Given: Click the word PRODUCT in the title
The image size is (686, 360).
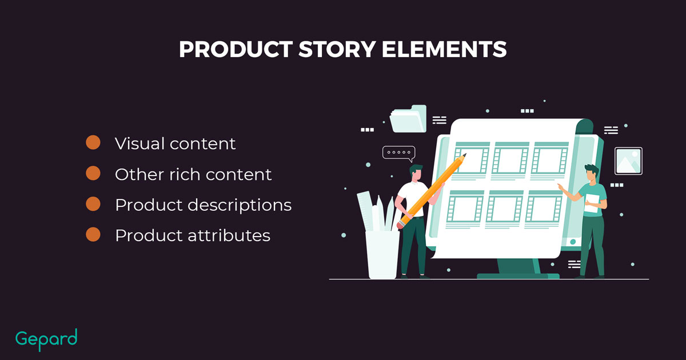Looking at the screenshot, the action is tap(236, 49).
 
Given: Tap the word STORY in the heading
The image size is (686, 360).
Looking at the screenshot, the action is tap(337, 49).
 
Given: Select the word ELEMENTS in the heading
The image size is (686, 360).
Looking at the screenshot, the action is tap(444, 49).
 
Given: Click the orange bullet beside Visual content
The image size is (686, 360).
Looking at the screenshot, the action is tap(93, 142).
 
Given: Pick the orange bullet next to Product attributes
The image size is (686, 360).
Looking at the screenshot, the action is tap(93, 234).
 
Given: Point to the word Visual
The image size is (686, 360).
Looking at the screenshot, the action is tap(139, 143).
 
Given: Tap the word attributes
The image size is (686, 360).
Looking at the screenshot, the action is tap(229, 235).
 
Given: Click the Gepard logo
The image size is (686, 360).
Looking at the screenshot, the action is tap(46, 339).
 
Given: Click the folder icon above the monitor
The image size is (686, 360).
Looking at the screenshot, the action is tap(408, 119).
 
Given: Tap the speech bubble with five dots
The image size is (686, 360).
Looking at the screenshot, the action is tap(399, 153).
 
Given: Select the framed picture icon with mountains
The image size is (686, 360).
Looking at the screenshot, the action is tap(628, 161).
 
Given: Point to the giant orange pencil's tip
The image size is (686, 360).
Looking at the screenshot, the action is tap(465, 154).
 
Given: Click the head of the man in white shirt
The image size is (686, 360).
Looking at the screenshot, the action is tap(416, 173).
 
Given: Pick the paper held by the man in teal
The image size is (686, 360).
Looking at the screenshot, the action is tap(592, 203).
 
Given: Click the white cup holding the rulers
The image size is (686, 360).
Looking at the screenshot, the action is tap(382, 255).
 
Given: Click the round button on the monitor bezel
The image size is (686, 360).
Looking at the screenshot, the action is tap(573, 242).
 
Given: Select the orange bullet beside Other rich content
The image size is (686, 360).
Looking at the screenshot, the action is tap(93, 173).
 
